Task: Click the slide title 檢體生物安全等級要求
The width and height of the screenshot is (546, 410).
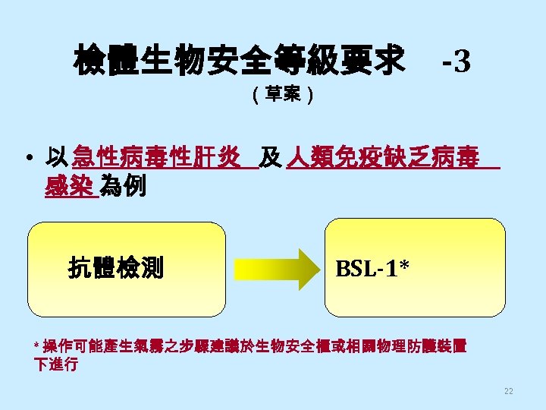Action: (x=239, y=60)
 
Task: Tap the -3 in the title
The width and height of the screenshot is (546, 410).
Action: (x=457, y=61)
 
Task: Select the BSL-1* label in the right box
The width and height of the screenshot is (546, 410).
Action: (x=372, y=268)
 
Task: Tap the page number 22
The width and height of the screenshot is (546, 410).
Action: (x=508, y=391)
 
